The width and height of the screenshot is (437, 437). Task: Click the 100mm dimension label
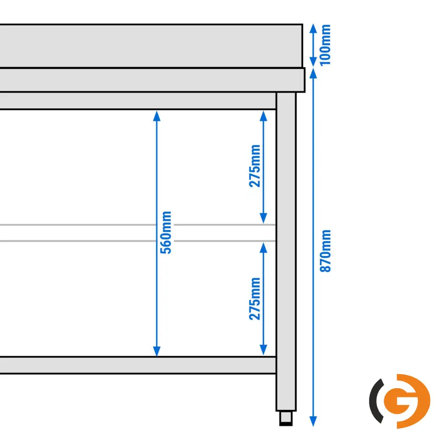click(x=325, y=45)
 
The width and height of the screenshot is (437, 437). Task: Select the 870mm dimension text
click(x=325, y=251)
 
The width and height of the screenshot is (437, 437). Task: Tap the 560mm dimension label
click(x=166, y=232)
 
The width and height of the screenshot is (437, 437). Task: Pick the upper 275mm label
click(x=254, y=166)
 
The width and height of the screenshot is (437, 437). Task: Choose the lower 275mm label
click(x=254, y=299)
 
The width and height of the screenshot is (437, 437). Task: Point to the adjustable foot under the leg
click(x=286, y=418)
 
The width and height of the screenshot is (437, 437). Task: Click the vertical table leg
click(x=286, y=251)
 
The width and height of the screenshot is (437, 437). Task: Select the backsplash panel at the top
click(x=151, y=46)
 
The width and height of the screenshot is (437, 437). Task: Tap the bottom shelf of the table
click(x=138, y=365)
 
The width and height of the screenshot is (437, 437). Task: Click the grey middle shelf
click(x=138, y=233)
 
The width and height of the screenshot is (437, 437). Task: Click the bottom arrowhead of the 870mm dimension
click(x=313, y=421)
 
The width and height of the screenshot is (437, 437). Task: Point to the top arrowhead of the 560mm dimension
click(x=156, y=116)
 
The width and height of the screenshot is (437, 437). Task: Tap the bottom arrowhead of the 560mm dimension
click(x=156, y=351)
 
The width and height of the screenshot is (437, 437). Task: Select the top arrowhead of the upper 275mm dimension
click(x=264, y=116)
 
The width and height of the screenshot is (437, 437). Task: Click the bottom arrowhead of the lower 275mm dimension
click(x=264, y=350)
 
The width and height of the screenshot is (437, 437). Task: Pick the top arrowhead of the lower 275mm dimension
click(x=264, y=248)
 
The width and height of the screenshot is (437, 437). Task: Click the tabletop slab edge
click(x=153, y=80)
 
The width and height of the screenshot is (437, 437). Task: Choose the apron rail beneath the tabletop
click(x=138, y=101)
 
